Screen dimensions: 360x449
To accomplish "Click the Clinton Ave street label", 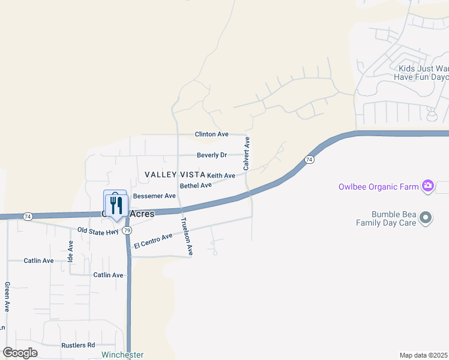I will coord(211,134).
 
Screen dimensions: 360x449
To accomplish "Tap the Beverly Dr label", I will coord(211,155).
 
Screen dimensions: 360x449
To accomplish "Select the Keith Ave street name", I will coord(221,175).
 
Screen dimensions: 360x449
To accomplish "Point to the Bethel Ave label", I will coord(196,185).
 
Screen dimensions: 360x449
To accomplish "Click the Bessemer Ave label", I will coord(154,196).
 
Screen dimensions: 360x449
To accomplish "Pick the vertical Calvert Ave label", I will coord(247,152).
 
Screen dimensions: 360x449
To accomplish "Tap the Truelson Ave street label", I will coord(187,237).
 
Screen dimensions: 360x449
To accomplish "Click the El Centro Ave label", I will coord(153,241).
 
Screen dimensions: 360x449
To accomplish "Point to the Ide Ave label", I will coord(71,249).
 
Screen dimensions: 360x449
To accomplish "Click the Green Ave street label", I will coord(7,296).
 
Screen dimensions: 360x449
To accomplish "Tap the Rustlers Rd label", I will coord(78,345).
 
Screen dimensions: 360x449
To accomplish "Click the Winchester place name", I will coord(122,355).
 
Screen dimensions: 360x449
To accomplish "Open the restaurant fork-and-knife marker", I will coord(115,205).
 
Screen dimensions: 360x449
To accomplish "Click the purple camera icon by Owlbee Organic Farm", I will coord(427,186).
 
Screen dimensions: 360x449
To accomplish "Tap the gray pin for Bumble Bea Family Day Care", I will coord(426,218).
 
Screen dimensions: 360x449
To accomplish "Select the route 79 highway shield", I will coord(127,230).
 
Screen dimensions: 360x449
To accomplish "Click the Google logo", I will coord(20,353).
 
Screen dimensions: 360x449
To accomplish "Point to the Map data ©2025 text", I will coord(423,355).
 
